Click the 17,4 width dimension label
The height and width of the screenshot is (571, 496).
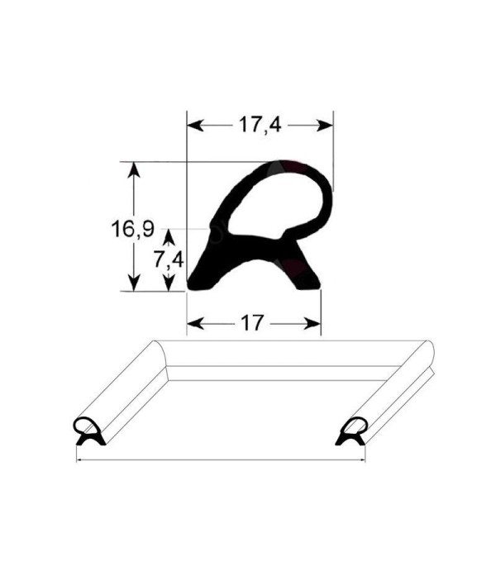click(x=260, y=125)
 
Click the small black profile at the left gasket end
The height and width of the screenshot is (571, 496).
click(x=88, y=431)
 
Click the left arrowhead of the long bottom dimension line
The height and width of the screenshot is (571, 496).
click(x=80, y=459)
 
